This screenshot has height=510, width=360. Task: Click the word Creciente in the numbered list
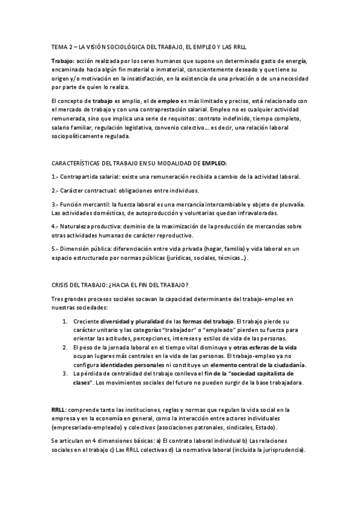[x=86, y=321]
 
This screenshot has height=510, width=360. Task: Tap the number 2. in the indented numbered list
[x=66, y=348]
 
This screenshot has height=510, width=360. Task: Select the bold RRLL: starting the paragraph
[x=59, y=409]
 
